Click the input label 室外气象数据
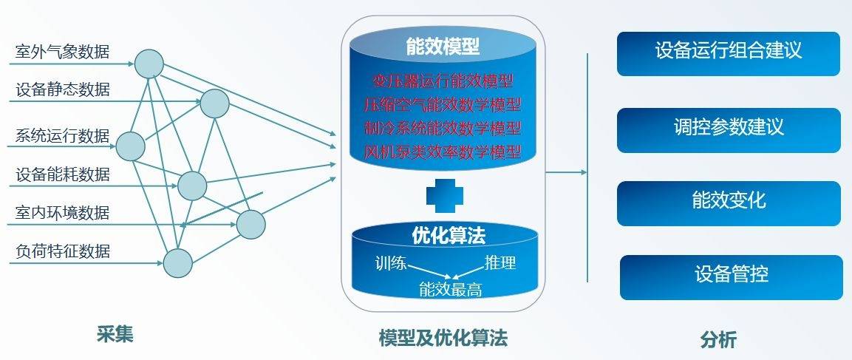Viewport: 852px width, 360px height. click(63, 52)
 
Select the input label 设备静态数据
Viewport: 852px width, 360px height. click(63, 89)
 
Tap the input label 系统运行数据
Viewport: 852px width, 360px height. click(63, 135)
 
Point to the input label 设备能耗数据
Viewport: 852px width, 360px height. click(63, 174)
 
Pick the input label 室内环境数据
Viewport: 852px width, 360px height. click(63, 212)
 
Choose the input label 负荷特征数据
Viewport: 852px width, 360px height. click(63, 251)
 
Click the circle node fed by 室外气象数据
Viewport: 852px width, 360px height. click(149, 64)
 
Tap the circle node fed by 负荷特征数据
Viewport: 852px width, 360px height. click(177, 263)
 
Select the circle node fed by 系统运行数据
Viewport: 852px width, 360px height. click(130, 146)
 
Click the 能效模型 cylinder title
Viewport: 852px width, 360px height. click(443, 47)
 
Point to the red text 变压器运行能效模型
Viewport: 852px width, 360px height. click(443, 81)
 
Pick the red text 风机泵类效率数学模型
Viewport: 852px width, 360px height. click(443, 152)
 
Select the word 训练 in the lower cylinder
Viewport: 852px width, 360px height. click(391, 264)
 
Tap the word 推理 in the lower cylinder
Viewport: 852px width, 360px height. click(500, 263)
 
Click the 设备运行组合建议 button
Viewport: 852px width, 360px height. click(729, 53)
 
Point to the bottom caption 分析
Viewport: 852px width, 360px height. click(718, 340)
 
